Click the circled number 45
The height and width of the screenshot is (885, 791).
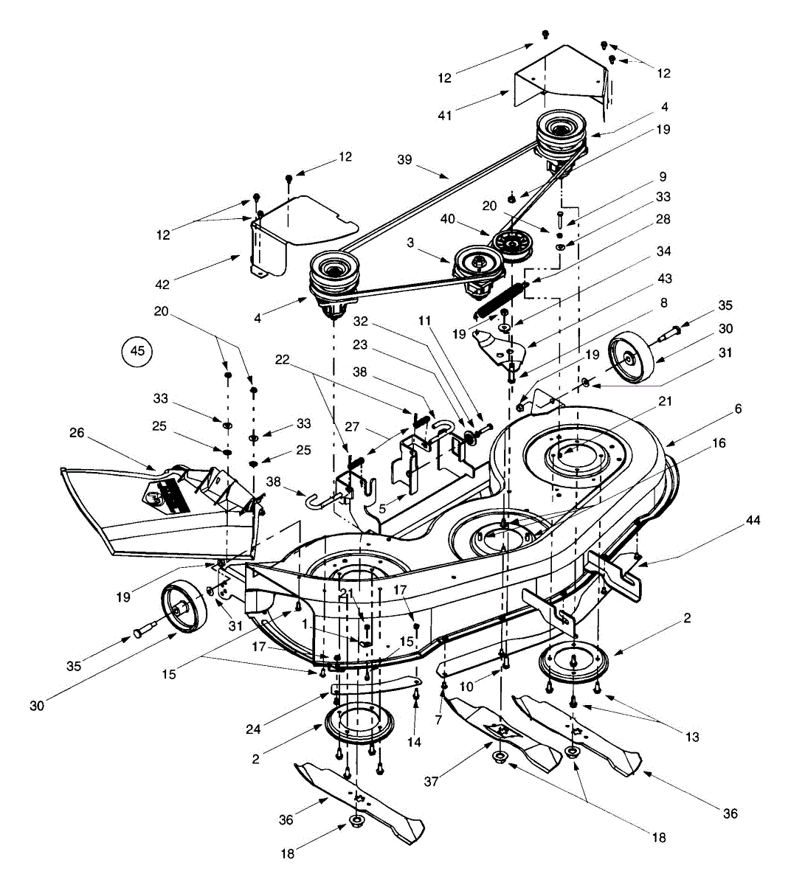coord(138,351)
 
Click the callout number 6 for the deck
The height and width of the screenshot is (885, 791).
coord(738,409)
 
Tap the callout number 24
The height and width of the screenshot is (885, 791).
coord(254,730)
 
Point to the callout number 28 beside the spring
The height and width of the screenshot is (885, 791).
coord(663,220)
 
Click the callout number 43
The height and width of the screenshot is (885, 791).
coord(665,277)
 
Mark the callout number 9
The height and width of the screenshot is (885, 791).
coord(663,177)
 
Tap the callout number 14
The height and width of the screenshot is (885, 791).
coord(415,743)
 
